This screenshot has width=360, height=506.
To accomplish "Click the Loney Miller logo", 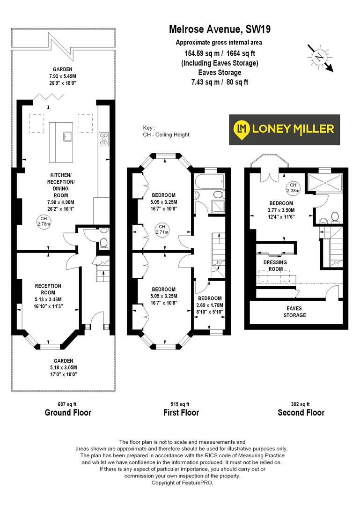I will [284, 129].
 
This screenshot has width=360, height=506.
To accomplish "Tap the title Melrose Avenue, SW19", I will [219, 30].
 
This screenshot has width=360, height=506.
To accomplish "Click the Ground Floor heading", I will [68, 413].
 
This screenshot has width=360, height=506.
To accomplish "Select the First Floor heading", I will [181, 413].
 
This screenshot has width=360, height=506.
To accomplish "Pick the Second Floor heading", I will [301, 413].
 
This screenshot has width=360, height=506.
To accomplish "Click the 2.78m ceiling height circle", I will [43, 221].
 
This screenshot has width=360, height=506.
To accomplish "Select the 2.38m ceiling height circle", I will [293, 187].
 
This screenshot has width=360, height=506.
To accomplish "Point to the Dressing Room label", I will [276, 266].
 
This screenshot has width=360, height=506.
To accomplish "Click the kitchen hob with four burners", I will [103, 139].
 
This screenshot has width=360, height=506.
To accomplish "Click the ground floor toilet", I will [104, 243].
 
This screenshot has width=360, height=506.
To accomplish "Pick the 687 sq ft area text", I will [67, 404].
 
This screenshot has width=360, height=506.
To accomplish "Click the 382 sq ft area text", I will [301, 404].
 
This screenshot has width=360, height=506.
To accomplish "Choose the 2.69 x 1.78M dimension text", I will [210, 305].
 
